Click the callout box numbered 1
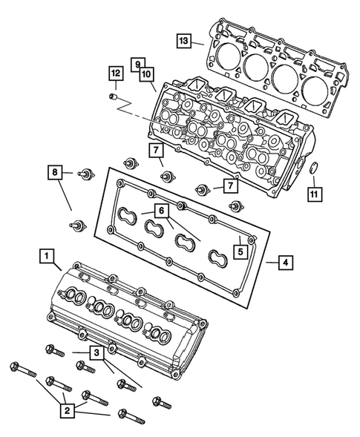click(47, 257)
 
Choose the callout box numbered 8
click(56, 174)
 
